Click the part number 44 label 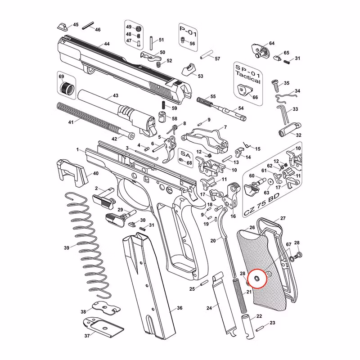107,44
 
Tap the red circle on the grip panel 257,278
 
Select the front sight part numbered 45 63,27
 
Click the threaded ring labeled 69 67,89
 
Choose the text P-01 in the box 188,31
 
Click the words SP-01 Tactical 248,74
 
